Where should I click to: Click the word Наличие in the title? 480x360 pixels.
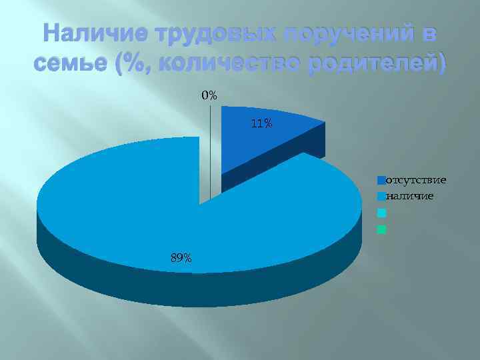click(x=94, y=33)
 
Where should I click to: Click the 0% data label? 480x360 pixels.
click(x=209, y=95)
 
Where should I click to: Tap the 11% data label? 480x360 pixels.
click(x=261, y=123)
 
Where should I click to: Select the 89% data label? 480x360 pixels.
click(x=181, y=258)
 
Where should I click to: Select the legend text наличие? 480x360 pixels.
click(x=411, y=196)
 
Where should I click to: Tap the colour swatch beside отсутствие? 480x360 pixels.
click(x=381, y=180)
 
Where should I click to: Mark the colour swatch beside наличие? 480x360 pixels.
click(x=381, y=197)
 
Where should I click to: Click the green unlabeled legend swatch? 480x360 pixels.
click(x=381, y=230)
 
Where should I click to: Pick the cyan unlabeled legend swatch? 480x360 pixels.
click(x=381, y=213)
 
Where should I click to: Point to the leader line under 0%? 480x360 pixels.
click(x=211, y=153)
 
